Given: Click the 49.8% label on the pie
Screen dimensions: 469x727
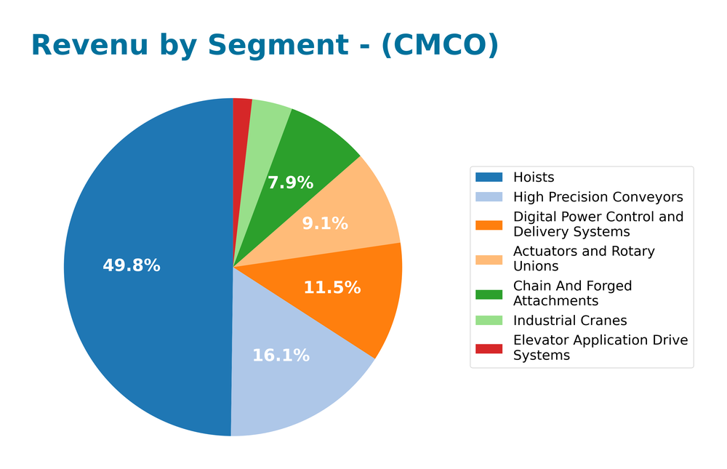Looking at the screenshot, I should coord(132,265).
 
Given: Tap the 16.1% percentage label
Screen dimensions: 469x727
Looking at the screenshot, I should coord(281,356).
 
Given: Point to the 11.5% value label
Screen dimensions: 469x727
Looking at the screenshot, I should coord(332,287).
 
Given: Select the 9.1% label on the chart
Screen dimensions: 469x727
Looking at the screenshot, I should coord(325,224).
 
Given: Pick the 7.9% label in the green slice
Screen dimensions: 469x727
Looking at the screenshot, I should coord(290,183).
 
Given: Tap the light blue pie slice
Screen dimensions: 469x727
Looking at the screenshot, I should coord(291,378).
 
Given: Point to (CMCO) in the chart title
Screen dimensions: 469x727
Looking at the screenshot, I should coord(440,45).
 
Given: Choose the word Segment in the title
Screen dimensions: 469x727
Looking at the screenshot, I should coord(278,45).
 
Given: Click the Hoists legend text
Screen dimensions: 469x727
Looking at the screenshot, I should coord(534,177).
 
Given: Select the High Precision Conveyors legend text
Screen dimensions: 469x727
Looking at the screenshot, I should coord(598,197).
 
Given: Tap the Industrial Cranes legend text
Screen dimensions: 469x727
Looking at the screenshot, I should coord(570,321).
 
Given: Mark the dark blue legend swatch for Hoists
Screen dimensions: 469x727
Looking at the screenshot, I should coord(489,177).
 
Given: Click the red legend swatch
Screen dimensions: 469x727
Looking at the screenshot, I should coord(489,348).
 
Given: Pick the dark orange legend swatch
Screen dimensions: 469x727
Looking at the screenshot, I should coord(489,225).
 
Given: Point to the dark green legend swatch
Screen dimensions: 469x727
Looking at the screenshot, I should coord(489,294).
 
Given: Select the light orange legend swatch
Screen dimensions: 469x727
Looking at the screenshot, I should coord(489,259).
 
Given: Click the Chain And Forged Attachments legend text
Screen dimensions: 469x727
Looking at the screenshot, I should coord(572,293).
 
